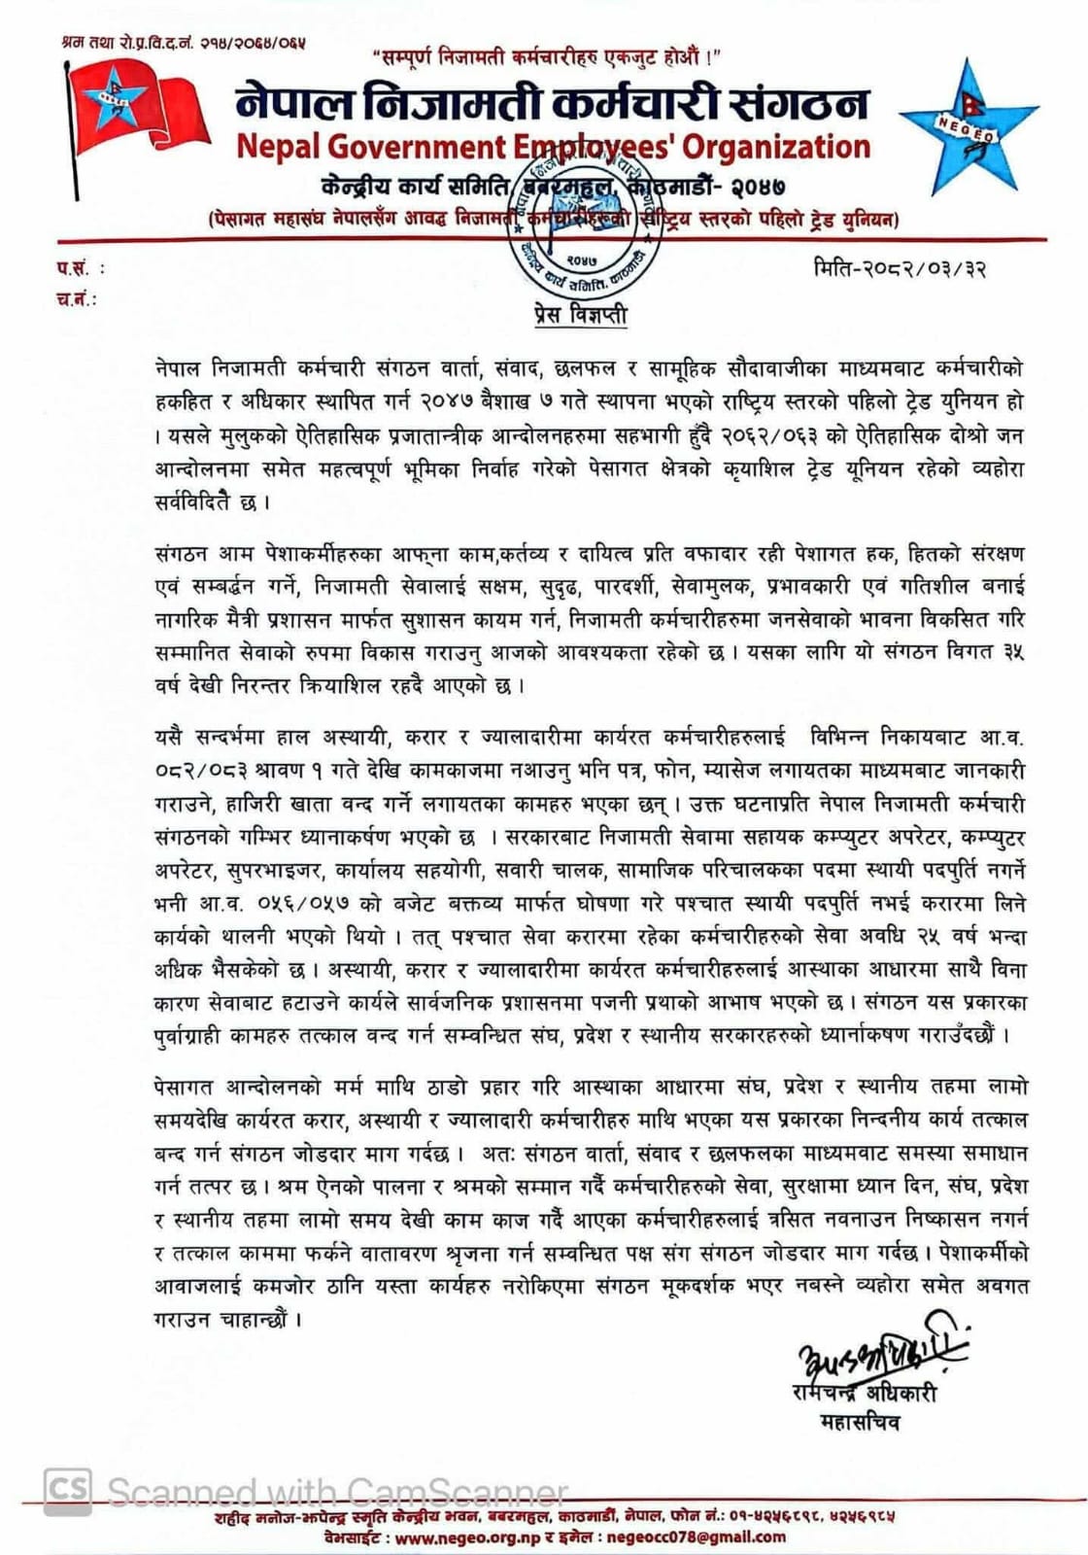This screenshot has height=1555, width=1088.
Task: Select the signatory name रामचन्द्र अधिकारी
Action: pos(864,1393)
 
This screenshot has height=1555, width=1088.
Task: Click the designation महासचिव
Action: pos(861,1423)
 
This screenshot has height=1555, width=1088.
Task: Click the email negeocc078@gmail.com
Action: pos(696,1538)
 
